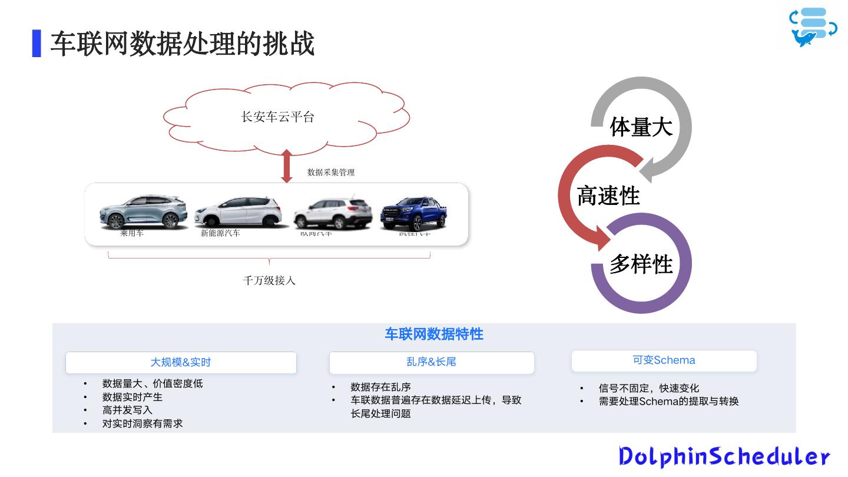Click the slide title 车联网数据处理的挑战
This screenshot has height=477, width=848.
pyautogui.click(x=182, y=44)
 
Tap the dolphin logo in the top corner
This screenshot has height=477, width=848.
pyautogui.click(x=813, y=27)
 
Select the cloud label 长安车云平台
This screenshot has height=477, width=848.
pyautogui.click(x=278, y=117)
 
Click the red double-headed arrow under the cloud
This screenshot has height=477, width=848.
pyautogui.click(x=287, y=166)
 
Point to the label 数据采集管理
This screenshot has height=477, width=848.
pyautogui.click(x=331, y=173)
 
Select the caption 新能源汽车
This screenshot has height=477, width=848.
pyautogui.click(x=220, y=233)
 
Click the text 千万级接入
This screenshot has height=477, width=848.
pyautogui.click(x=269, y=280)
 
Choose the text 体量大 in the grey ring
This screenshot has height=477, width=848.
pyautogui.click(x=641, y=127)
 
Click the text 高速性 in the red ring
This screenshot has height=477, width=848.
pyautogui.click(x=608, y=196)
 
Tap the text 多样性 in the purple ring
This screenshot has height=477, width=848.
pyautogui.click(x=641, y=264)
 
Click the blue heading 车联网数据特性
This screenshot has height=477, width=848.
pyautogui.click(x=434, y=334)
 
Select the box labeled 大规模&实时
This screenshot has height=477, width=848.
pyautogui.click(x=181, y=363)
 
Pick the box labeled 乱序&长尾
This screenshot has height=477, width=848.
pyautogui.click(x=431, y=362)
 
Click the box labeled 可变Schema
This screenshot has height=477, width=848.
pyautogui.click(x=664, y=360)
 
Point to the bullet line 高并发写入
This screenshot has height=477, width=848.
pyautogui.click(x=127, y=410)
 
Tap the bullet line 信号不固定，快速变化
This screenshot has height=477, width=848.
pyautogui.click(x=648, y=388)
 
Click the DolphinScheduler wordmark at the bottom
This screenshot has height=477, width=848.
pyautogui.click(x=724, y=457)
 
